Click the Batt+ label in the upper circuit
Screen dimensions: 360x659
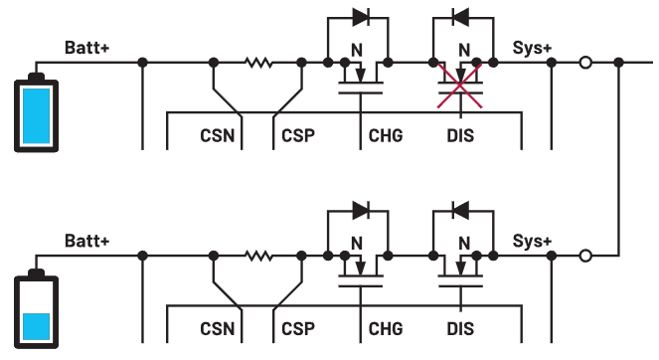tap(87, 47)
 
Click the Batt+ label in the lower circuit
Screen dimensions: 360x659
tap(87, 241)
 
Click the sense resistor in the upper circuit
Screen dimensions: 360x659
tap(258, 63)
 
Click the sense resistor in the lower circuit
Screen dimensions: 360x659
tap(258, 257)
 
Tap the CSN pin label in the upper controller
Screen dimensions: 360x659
tap(218, 135)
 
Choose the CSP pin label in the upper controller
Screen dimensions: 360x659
tap(298, 135)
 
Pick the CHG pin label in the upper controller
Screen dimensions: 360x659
tap(385, 135)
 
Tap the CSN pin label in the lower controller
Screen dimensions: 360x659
tap(218, 329)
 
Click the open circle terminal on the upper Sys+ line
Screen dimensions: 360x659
tap(585, 63)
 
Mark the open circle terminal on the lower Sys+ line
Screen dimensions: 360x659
tap(585, 257)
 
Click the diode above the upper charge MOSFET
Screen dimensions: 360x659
tap(360, 17)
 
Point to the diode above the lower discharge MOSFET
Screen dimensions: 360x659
tap(460, 211)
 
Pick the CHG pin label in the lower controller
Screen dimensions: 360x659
tap(385, 329)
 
